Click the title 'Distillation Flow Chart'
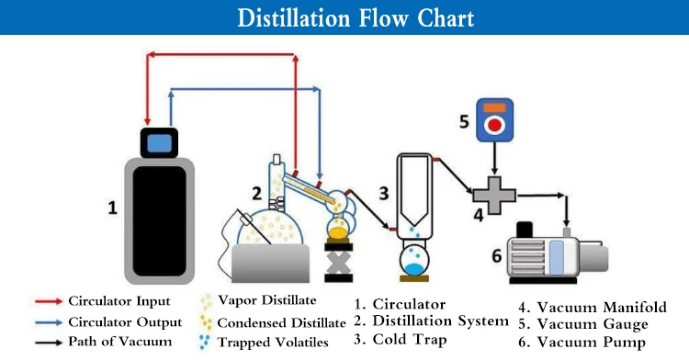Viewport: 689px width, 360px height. (344, 18)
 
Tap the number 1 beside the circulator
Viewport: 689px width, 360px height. (112, 208)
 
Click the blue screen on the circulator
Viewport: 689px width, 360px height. (159, 142)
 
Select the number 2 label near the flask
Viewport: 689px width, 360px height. (258, 195)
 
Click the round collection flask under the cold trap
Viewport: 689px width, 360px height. (419, 261)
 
